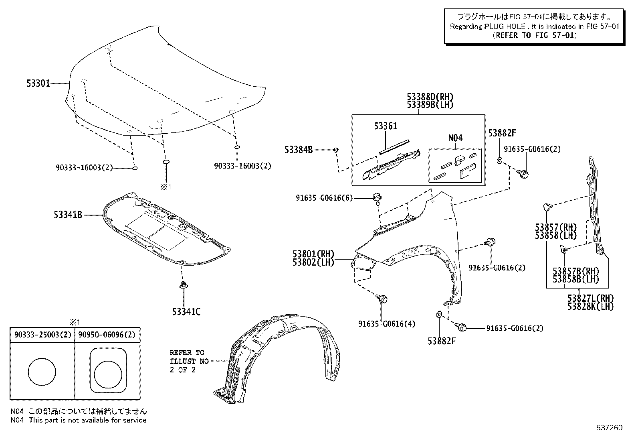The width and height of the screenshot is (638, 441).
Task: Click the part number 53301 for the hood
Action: click(x=38, y=83)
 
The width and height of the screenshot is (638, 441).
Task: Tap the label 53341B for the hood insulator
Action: click(x=68, y=215)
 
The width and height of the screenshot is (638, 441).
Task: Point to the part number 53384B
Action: click(x=298, y=150)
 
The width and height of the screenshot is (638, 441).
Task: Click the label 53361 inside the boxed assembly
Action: click(x=386, y=126)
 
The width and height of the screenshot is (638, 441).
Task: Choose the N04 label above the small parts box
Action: click(x=455, y=138)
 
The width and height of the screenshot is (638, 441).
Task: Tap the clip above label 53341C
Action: click(x=184, y=286)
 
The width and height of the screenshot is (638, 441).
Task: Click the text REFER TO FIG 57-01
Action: click(x=535, y=35)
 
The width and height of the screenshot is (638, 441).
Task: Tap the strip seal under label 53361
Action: click(x=394, y=146)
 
